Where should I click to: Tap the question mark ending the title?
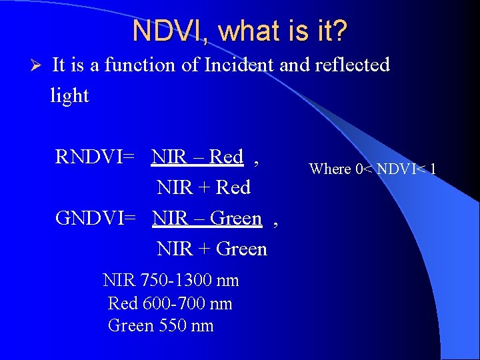(x=340, y=31)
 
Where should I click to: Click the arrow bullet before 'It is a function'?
(x=37, y=65)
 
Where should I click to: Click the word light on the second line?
(x=69, y=95)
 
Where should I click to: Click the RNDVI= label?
(x=95, y=157)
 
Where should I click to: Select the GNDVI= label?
(x=96, y=218)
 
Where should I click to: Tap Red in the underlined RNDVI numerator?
(x=227, y=157)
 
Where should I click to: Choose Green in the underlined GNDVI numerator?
(x=236, y=218)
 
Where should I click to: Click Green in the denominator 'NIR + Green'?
(x=242, y=249)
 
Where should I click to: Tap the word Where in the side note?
(x=330, y=169)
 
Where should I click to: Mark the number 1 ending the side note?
(x=433, y=169)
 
